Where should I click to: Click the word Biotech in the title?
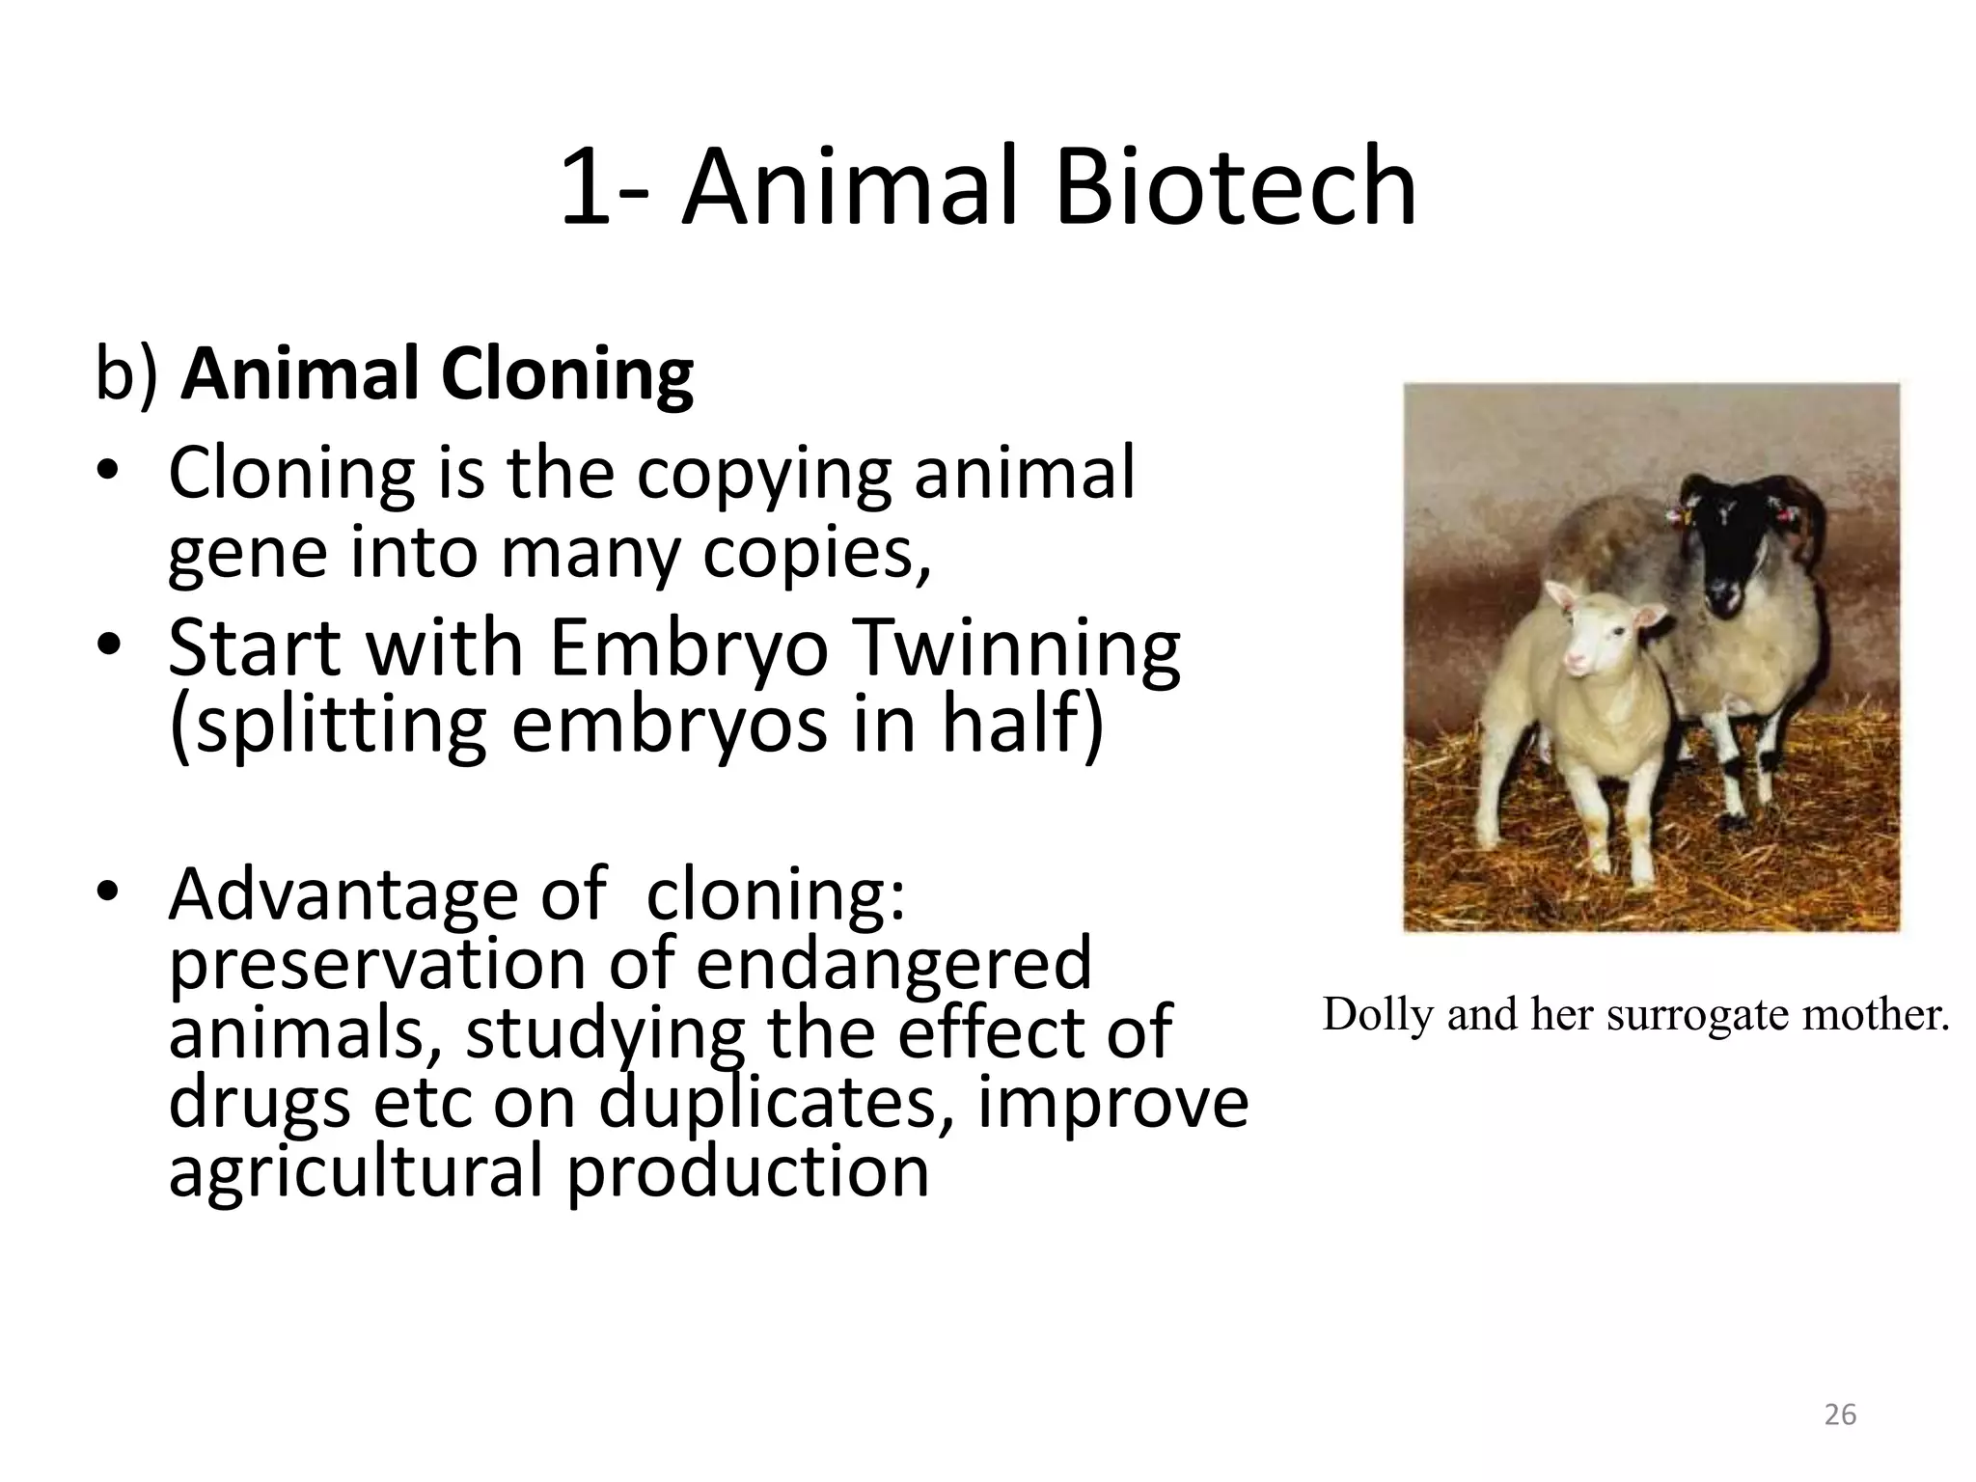(x=1235, y=187)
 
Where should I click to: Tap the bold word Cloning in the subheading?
(x=567, y=374)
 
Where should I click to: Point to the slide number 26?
(x=1840, y=1414)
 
